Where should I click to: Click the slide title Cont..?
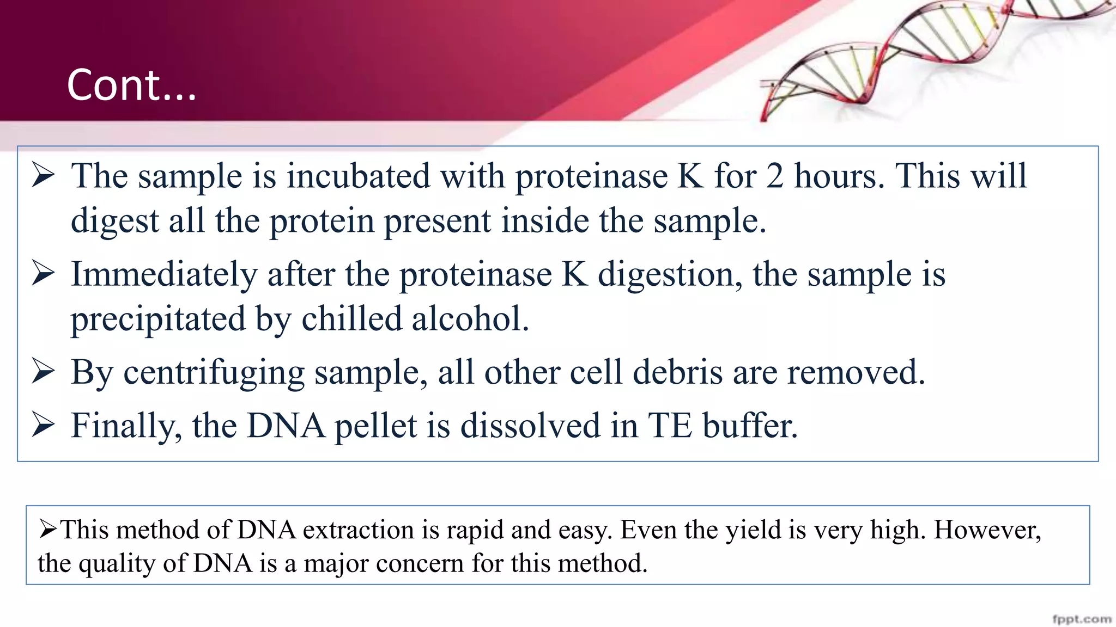(x=131, y=85)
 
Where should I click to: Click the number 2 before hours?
(x=774, y=176)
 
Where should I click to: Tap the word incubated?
(x=358, y=176)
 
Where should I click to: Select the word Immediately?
(x=163, y=274)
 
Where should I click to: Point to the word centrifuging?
(x=214, y=373)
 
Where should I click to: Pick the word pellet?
(x=375, y=426)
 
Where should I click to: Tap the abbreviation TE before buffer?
(x=670, y=426)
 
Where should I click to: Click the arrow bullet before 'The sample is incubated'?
(x=43, y=175)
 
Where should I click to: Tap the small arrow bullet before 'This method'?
(x=48, y=528)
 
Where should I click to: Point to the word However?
(x=987, y=530)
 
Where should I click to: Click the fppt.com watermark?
(x=1081, y=619)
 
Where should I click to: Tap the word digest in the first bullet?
(x=115, y=222)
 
